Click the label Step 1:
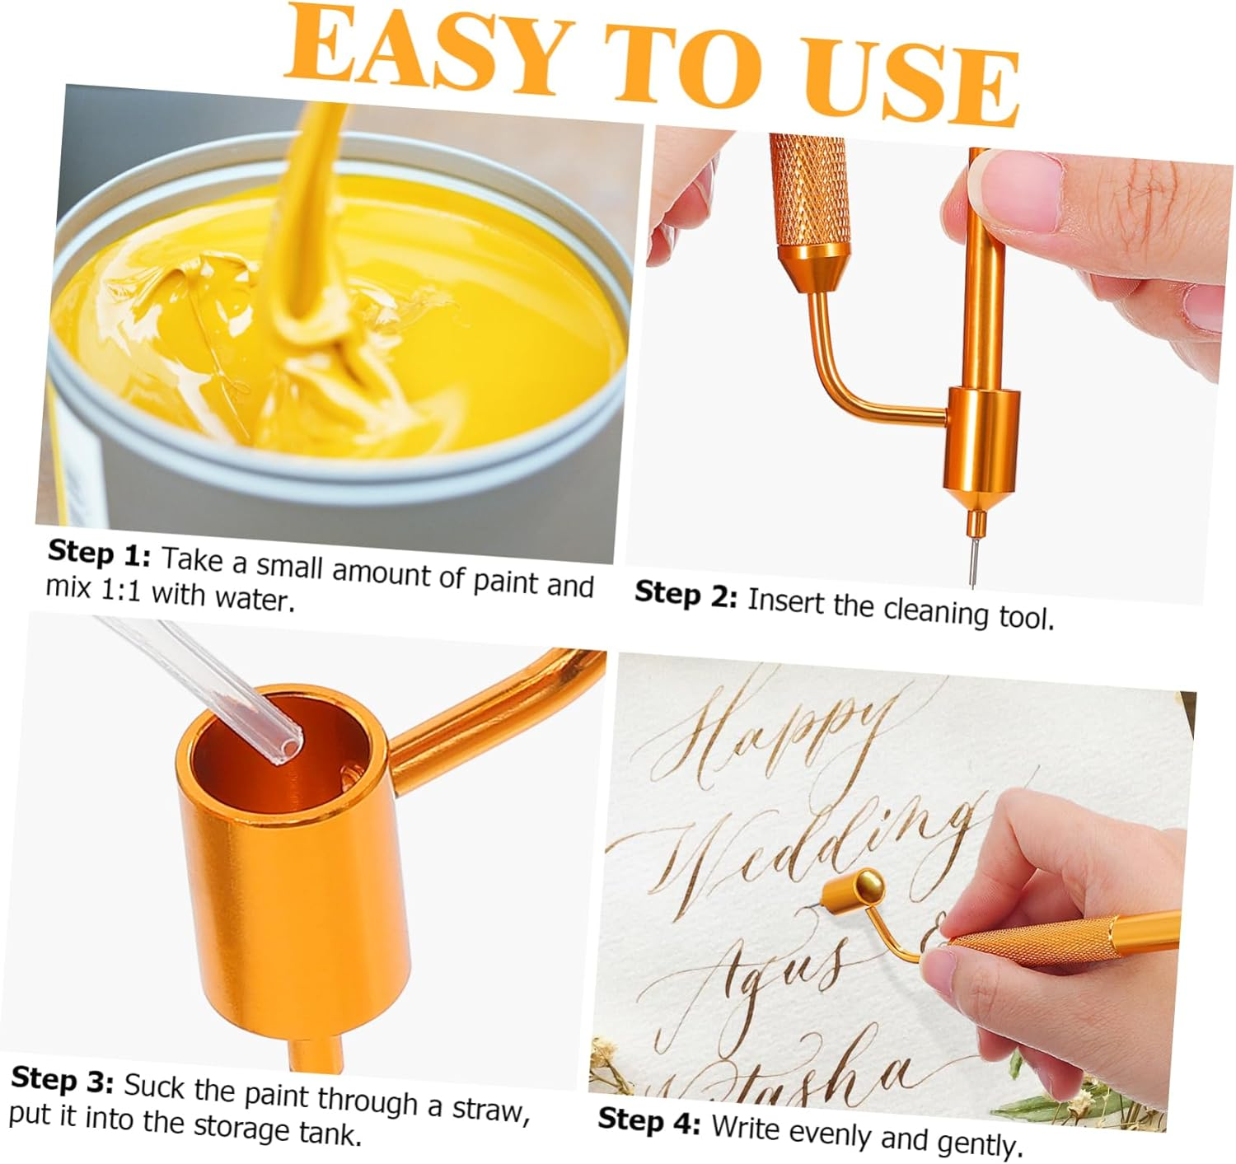pos(99,554)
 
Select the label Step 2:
pos(686,595)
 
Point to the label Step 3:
pos(63,1079)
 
